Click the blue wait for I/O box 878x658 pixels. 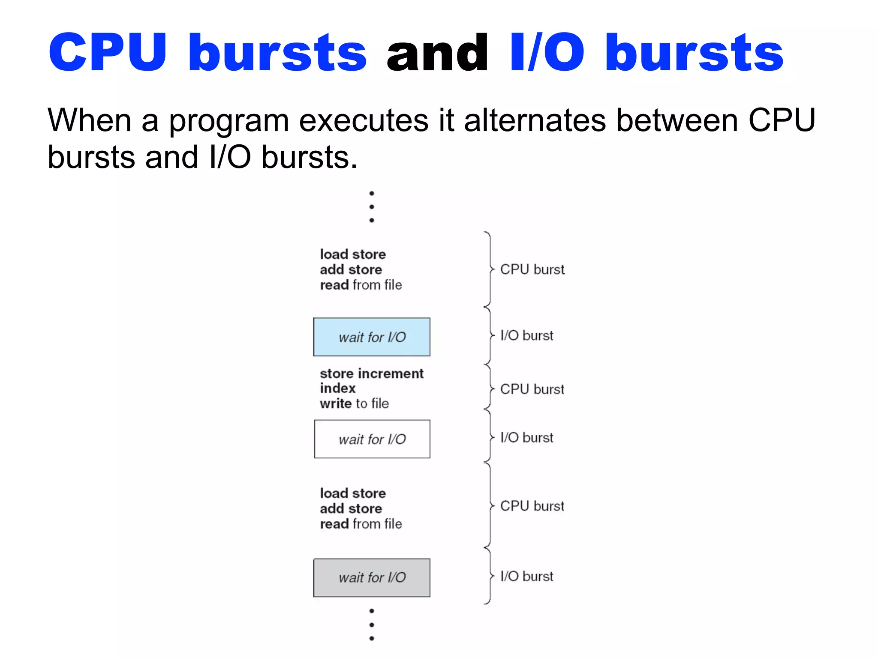click(372, 337)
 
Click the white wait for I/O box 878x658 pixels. click(372, 439)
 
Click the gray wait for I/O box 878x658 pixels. click(372, 577)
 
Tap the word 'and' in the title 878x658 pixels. click(437, 54)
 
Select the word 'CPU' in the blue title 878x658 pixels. click(107, 54)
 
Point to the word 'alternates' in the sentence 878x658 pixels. click(535, 120)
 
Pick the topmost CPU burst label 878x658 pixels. click(532, 269)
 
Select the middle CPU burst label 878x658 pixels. click(532, 389)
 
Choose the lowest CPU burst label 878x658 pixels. click(532, 506)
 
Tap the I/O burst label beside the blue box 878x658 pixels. click(526, 335)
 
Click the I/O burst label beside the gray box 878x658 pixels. click(526, 576)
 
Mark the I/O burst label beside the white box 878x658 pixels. click(526, 437)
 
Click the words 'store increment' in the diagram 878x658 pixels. click(371, 374)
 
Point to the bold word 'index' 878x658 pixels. click(337, 388)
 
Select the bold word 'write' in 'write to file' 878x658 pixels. click(336, 404)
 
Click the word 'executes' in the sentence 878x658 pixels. click(364, 120)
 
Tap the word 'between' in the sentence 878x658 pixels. click(677, 120)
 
